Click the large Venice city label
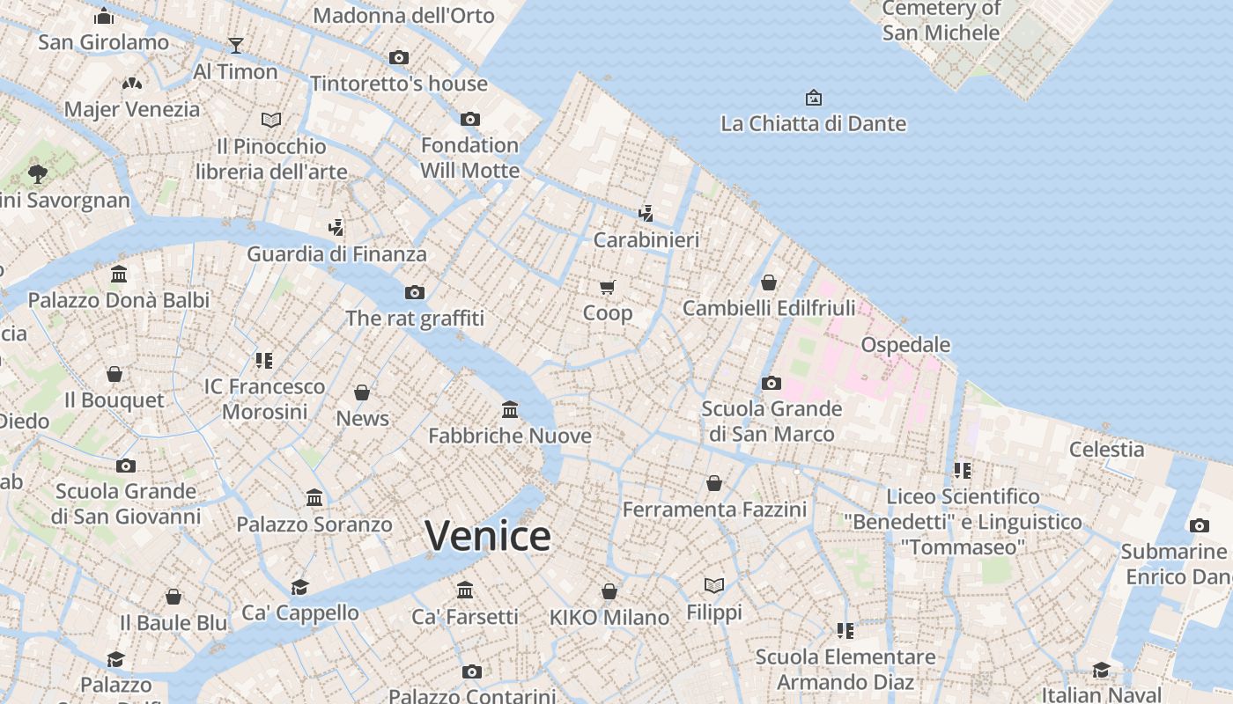[x=488, y=535]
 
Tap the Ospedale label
[x=905, y=344]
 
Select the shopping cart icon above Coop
[x=607, y=287]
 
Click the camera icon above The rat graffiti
[x=414, y=292]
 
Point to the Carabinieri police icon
[x=646, y=213]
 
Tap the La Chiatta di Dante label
[x=813, y=123]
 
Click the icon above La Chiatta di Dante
[x=814, y=98]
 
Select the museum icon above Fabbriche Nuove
[x=509, y=409]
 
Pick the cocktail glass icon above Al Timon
[x=235, y=45]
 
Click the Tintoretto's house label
[x=398, y=84]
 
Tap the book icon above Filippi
[x=714, y=585]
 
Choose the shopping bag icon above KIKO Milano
[x=609, y=591]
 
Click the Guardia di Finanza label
[x=336, y=254]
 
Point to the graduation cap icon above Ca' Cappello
[x=300, y=587]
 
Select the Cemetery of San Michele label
[x=941, y=21]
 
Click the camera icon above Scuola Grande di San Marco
[x=771, y=383]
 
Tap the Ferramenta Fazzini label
[x=714, y=510]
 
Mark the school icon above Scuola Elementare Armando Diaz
[x=845, y=630]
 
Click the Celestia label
[x=1106, y=449]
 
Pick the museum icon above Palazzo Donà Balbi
[x=119, y=275]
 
